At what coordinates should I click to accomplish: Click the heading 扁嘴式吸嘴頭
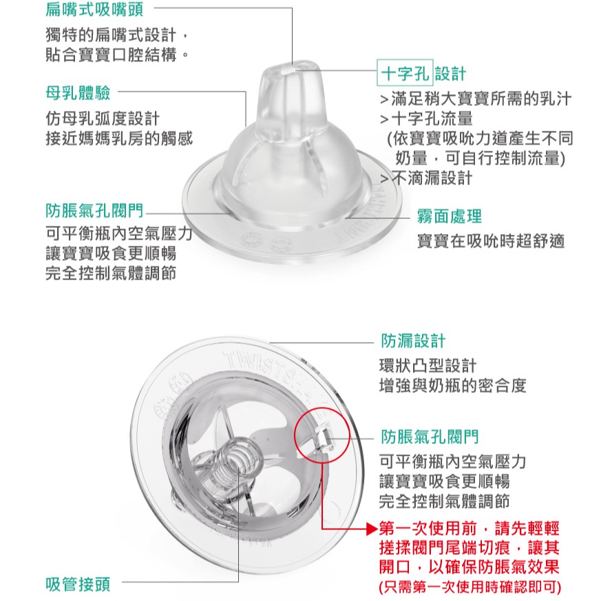(x=94, y=9)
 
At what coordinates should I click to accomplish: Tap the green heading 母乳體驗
(x=78, y=93)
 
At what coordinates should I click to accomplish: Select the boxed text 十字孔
(x=405, y=73)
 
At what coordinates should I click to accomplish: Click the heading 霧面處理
(x=450, y=217)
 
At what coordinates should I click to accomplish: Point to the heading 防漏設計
(x=413, y=341)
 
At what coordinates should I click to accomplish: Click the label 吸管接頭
(x=78, y=584)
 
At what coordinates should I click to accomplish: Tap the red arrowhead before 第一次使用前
(x=372, y=529)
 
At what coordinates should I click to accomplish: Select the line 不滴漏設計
(x=426, y=178)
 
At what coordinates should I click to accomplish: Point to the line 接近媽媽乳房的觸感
(x=119, y=138)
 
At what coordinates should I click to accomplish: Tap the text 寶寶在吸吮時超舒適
(x=491, y=241)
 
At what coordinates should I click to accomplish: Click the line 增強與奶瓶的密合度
(x=452, y=386)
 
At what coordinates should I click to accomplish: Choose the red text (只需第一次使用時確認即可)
(x=470, y=587)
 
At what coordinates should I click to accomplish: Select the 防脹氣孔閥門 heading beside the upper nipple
(x=94, y=211)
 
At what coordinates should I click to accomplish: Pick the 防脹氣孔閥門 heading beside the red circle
(x=430, y=436)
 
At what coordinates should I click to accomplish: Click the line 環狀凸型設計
(x=428, y=366)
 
